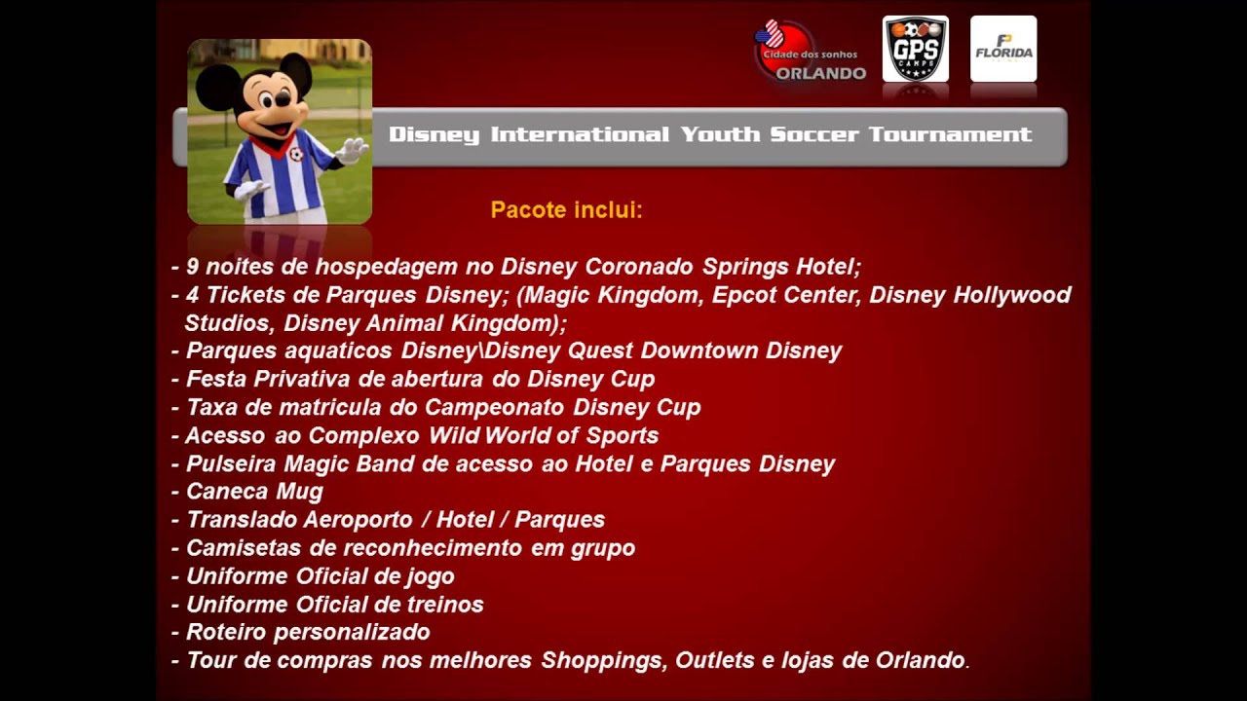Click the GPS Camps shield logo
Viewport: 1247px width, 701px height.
tap(915, 49)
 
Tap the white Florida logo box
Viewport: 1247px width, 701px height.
tap(1002, 49)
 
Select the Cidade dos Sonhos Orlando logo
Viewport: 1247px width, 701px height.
tap(811, 53)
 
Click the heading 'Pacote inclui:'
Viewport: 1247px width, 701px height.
tap(566, 210)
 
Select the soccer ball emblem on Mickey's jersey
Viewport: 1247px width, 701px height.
tap(295, 154)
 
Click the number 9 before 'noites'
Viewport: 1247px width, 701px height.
tap(193, 267)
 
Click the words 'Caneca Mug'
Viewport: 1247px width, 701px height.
tap(254, 492)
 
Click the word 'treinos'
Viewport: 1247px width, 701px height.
tap(443, 605)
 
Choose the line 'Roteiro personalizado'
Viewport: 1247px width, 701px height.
tap(308, 632)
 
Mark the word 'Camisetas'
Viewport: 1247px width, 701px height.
tap(243, 548)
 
